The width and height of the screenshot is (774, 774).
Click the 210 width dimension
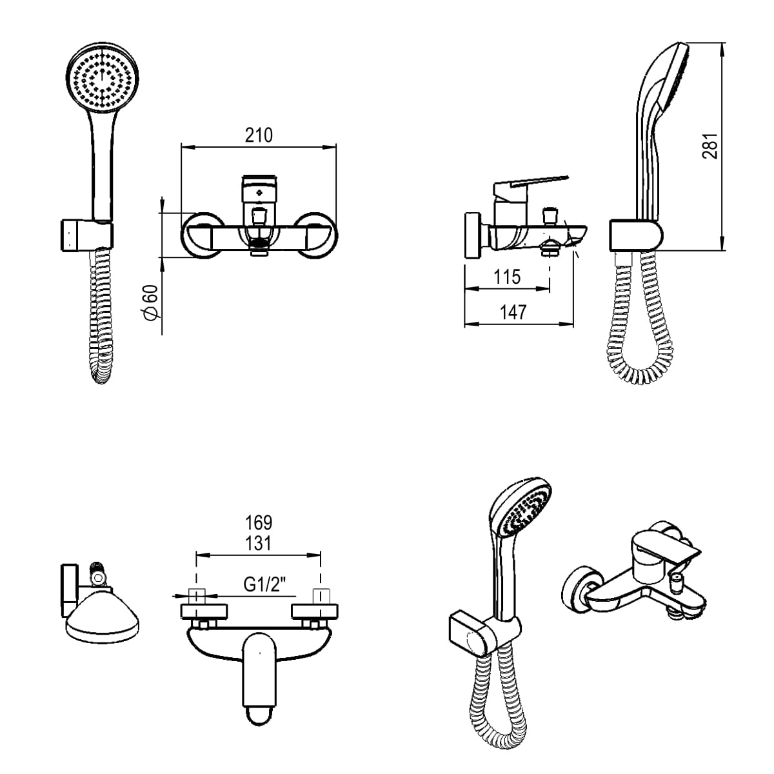259,135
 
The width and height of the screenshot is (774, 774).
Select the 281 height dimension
709,146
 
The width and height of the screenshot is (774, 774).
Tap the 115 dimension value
507,277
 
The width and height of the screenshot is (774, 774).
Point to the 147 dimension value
513,312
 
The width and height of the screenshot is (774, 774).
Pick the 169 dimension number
259,522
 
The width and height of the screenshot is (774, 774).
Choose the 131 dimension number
259,543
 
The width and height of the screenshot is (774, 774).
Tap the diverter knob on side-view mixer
551,214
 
